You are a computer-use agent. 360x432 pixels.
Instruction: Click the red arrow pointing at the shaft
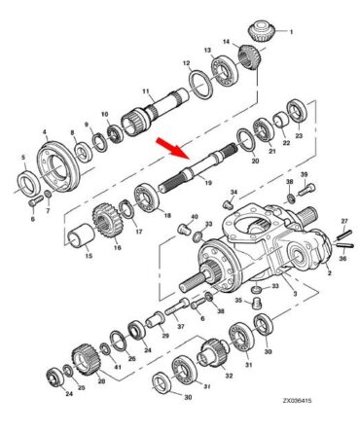tap(172, 149)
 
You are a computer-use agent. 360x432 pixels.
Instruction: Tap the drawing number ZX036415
tap(297, 400)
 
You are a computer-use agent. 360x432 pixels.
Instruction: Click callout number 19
tap(208, 183)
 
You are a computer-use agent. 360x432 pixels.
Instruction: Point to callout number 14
tap(226, 42)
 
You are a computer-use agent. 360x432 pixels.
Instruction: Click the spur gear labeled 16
tap(109, 220)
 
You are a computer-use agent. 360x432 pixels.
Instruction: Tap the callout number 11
tap(146, 91)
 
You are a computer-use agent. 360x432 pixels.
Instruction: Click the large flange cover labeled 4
tap(59, 166)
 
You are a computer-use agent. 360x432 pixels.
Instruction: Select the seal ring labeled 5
tap(29, 185)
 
